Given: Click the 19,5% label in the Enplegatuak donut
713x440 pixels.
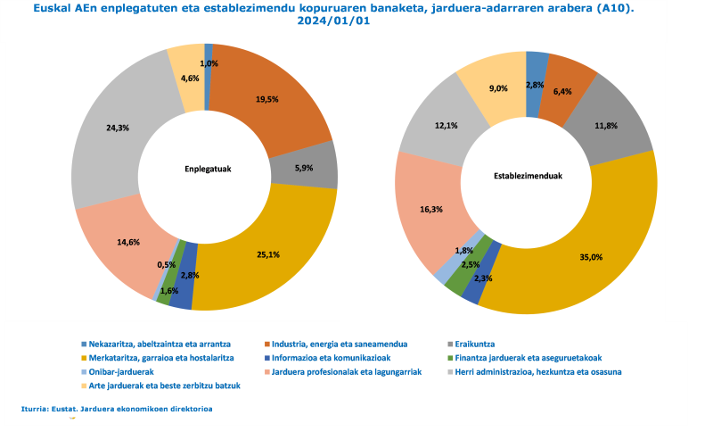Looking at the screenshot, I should tap(265, 101).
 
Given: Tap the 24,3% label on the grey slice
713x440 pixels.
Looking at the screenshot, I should tap(118, 128).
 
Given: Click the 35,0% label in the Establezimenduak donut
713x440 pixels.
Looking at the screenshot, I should tap(591, 257).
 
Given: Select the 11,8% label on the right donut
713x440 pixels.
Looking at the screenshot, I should tap(607, 126).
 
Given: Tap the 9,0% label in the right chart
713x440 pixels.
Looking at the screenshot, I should tap(498, 88).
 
